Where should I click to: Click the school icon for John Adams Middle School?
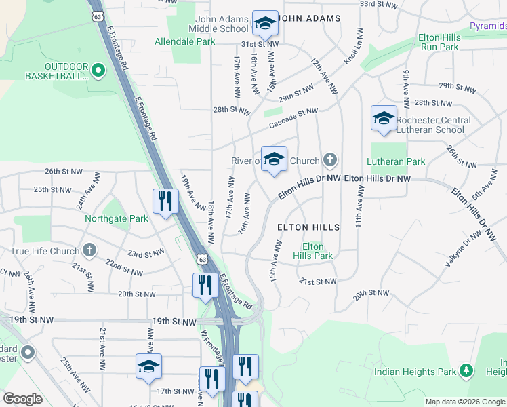click(265, 23)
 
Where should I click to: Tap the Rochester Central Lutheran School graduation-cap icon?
click(384, 119)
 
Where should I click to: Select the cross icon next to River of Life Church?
click(329, 161)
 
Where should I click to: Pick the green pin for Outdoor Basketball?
click(97, 70)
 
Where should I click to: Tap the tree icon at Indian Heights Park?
click(466, 371)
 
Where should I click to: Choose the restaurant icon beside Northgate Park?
click(165, 201)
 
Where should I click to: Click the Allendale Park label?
click(186, 41)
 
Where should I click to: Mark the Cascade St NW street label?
click(293, 119)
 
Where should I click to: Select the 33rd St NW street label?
click(377, 4)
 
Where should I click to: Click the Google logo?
click(22, 398)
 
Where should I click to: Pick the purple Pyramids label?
click(488, 26)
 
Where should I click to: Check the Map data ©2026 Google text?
click(465, 402)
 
